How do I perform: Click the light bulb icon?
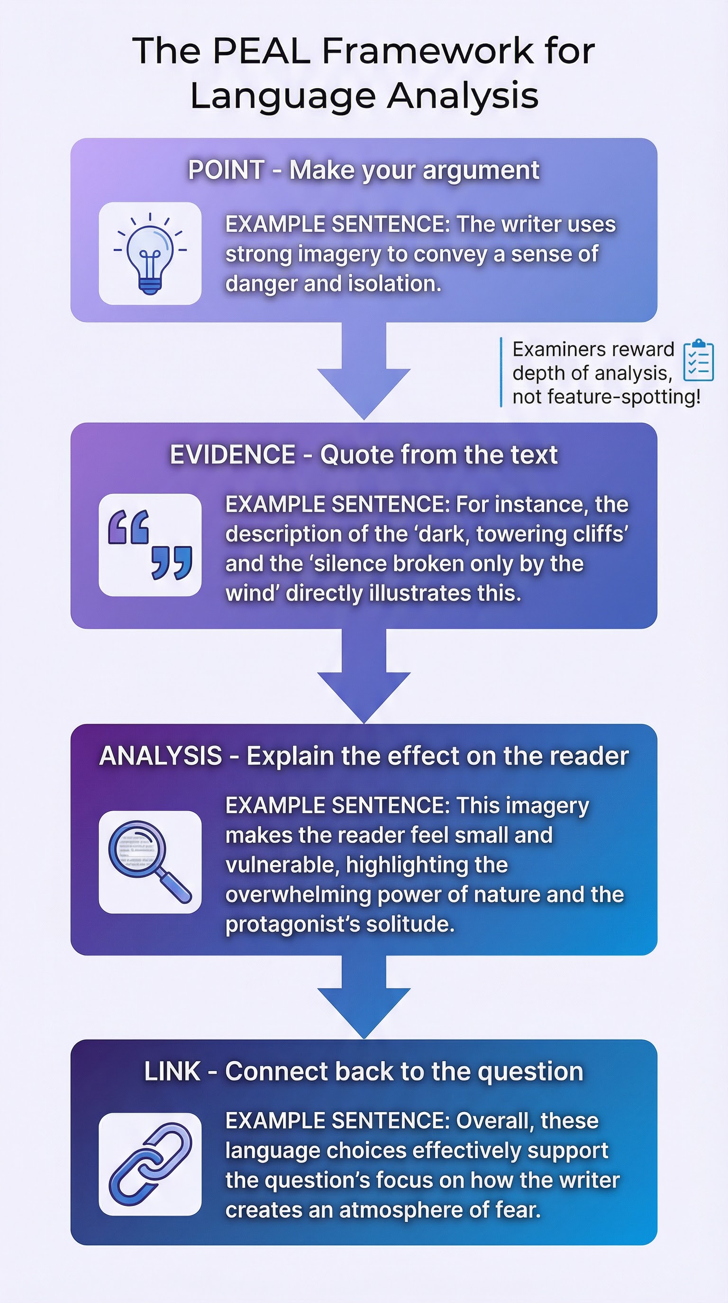click(150, 253)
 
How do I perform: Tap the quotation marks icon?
click(150, 545)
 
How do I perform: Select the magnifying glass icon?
click(150, 862)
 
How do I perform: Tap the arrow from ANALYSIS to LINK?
click(364, 997)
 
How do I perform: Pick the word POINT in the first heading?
click(226, 170)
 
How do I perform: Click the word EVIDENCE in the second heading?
click(232, 455)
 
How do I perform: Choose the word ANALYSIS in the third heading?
click(161, 756)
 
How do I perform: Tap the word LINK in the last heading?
click(172, 1072)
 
